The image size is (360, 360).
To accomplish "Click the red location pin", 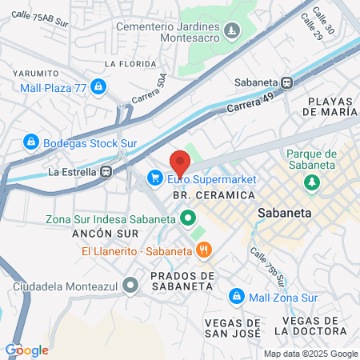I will [180, 162].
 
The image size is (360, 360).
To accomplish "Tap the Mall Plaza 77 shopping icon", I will [98, 85].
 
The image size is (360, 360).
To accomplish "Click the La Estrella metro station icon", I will [106, 171].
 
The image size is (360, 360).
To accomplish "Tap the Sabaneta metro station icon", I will [287, 82].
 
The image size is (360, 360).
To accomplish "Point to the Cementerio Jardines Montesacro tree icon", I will [231, 31].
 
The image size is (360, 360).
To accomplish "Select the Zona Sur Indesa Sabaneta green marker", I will [188, 217].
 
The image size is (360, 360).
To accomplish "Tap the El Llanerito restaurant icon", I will [204, 250].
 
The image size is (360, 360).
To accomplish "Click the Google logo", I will [26, 350].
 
